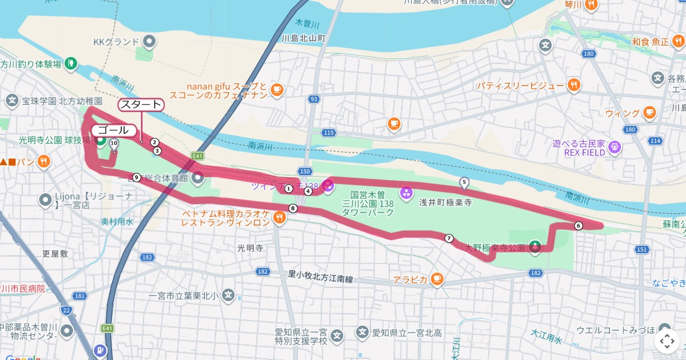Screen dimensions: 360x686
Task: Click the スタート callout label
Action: [x=141, y=105]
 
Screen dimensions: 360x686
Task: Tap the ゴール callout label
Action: [x=113, y=130]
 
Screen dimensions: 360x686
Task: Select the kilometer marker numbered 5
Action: [x=464, y=183]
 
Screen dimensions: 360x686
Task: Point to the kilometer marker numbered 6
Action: [x=579, y=226]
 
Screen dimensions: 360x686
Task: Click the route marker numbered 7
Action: [x=449, y=238]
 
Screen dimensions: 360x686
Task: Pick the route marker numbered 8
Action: [x=293, y=209]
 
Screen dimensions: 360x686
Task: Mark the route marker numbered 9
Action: [x=136, y=177]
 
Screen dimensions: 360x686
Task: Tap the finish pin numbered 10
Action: [x=114, y=144]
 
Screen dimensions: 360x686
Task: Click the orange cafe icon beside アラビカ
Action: [x=437, y=279]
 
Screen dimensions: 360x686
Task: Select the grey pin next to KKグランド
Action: [x=149, y=42]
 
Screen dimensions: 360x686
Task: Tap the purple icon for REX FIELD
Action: [x=615, y=146]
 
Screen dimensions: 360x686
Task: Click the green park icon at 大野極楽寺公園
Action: [x=535, y=247]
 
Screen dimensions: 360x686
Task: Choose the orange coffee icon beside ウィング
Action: [x=649, y=113]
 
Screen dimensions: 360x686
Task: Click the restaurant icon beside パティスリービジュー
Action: [x=575, y=86]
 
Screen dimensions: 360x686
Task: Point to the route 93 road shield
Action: [x=313, y=99]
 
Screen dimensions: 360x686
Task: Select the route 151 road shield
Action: [x=642, y=249]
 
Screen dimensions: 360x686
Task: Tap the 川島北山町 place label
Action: [x=304, y=38]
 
